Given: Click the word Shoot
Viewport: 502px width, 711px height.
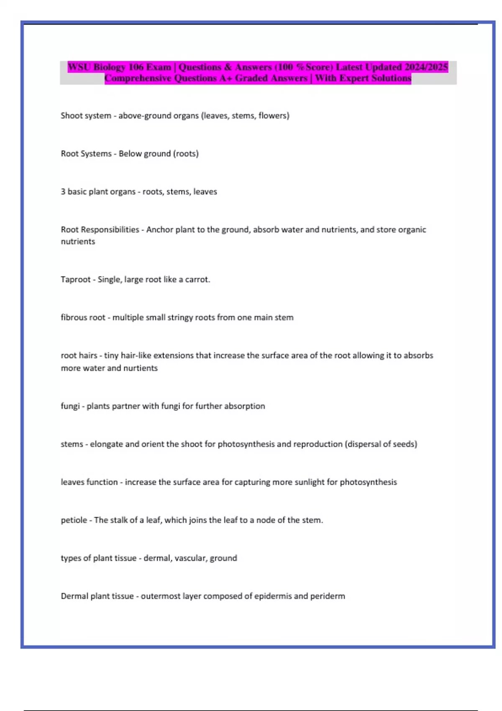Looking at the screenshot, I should tap(72, 115).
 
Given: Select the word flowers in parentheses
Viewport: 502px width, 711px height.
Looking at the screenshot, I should tap(274, 115).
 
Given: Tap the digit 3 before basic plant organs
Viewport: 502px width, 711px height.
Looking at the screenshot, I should tap(63, 192).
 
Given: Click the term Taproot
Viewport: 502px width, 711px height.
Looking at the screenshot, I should tap(75, 279).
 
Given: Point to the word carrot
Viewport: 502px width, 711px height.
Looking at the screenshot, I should tap(197, 279).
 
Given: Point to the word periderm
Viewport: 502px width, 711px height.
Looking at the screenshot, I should tap(328, 596).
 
